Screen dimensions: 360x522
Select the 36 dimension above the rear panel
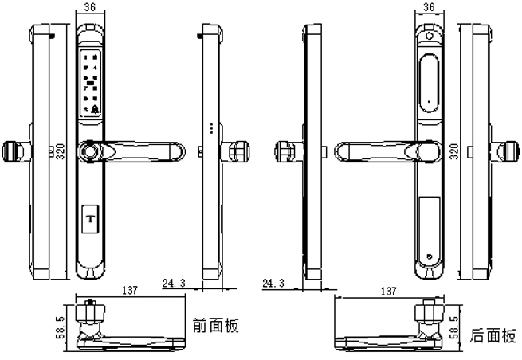pos(430,6)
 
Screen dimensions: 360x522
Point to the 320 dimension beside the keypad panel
pos(61,152)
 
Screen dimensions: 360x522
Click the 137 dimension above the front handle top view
pos(128,291)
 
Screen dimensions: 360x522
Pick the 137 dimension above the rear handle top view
pos(390,291)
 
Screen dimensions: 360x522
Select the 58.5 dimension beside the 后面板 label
pos(454,327)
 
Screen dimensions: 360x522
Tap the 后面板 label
pos(493,335)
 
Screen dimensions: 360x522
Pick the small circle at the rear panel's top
pos(430,36)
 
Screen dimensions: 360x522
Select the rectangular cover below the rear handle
pos(430,209)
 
